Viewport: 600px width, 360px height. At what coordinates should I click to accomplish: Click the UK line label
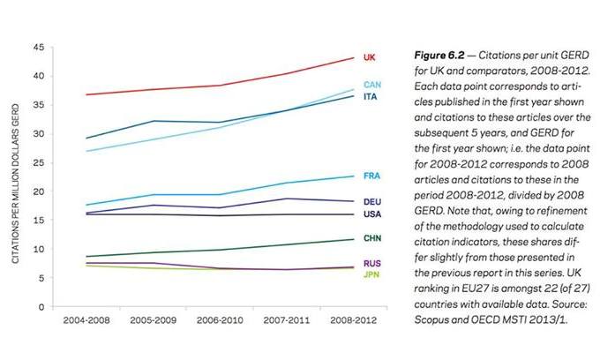point(369,57)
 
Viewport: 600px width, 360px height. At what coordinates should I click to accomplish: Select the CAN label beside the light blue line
point(371,85)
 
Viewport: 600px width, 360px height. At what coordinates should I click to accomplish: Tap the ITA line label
point(371,96)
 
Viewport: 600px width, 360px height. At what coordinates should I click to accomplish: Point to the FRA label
point(371,176)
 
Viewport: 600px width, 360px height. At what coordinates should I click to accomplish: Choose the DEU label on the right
point(371,202)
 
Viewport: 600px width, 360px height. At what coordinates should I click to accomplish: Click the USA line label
point(371,214)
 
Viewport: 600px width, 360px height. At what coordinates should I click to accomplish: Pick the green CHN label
point(371,238)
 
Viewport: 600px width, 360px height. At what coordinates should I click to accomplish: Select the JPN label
point(371,275)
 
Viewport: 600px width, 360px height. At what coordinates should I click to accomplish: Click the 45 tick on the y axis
point(38,47)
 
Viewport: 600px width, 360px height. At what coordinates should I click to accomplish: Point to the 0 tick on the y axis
point(41,307)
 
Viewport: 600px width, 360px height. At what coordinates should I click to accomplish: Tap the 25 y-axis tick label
point(38,162)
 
